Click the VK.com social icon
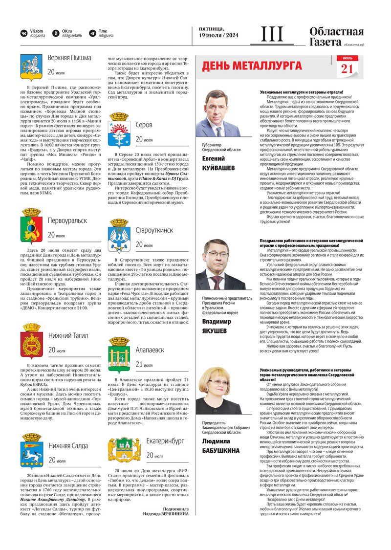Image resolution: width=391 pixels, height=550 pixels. coord(24,33)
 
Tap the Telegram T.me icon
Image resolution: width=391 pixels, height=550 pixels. coord(93,33)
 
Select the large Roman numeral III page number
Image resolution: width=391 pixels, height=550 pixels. coord(272,35)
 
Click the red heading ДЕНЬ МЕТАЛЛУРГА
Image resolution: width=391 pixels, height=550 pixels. coord(252,66)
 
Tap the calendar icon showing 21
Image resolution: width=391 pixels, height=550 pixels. coord(347,66)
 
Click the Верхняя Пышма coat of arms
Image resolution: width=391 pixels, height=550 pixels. coord(31,66)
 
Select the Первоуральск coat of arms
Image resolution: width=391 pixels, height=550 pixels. coord(31,225)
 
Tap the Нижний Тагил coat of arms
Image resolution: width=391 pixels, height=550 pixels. coord(31,341)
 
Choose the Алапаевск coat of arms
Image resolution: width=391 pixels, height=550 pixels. coord(119,355)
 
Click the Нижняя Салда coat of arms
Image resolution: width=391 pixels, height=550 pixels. coord(31,451)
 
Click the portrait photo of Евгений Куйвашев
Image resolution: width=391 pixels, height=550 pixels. coord(218,113)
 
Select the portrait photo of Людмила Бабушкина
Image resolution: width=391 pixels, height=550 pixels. coord(218,391)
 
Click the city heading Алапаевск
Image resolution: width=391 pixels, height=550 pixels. coord(150,350)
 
